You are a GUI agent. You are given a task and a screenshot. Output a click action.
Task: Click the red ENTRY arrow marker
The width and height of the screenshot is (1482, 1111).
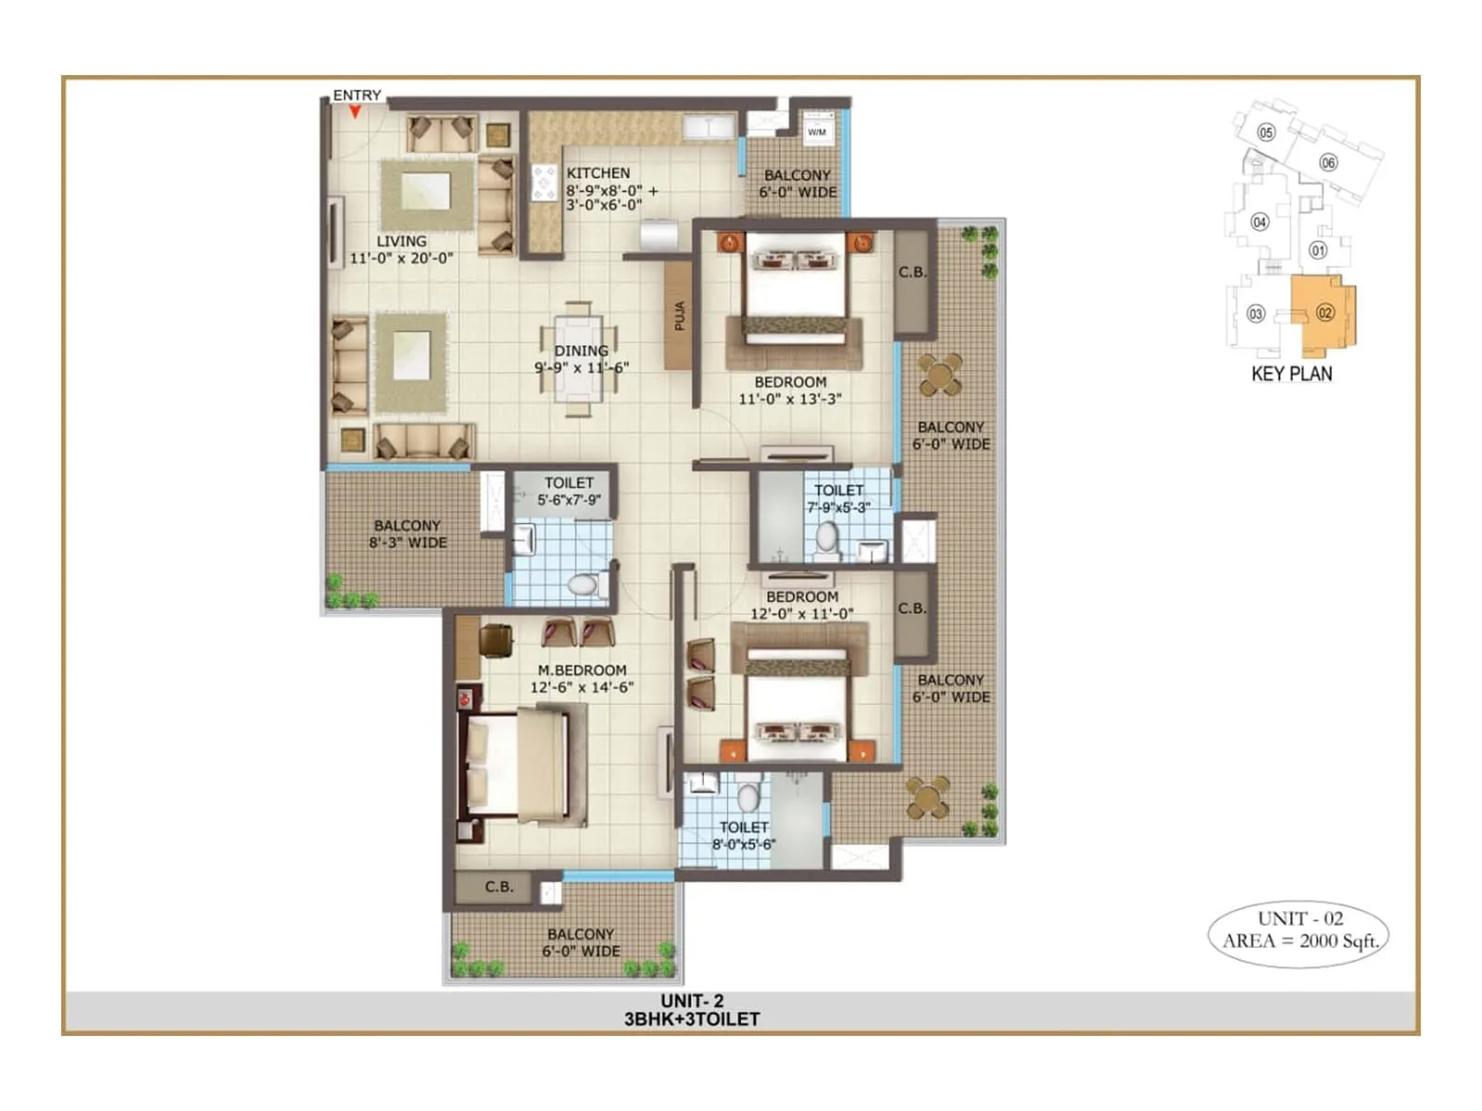pyautogui.click(x=355, y=112)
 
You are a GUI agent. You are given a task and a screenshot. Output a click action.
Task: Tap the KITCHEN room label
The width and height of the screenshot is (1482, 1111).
pyautogui.click(x=597, y=173)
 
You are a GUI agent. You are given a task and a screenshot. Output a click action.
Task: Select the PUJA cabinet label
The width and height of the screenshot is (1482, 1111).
pyautogui.click(x=680, y=316)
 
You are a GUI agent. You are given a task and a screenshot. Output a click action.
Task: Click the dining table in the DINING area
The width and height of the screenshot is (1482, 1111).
pyautogui.click(x=580, y=360)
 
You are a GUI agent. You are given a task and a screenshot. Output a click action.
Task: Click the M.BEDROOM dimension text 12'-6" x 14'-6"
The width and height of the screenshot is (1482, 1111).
pyautogui.click(x=582, y=687)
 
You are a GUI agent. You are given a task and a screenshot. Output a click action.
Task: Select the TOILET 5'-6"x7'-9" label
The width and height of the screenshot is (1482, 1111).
pyautogui.click(x=569, y=492)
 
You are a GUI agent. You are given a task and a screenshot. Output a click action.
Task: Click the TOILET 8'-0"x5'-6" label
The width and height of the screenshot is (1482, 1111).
pyautogui.click(x=744, y=836)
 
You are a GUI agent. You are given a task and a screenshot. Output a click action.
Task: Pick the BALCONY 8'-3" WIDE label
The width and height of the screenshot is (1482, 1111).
pyautogui.click(x=408, y=534)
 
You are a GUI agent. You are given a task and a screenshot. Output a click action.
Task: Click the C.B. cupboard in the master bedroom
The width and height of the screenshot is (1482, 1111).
pyautogui.click(x=498, y=887)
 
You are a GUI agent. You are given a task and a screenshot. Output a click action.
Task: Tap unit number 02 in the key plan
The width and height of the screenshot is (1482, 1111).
pyautogui.click(x=1325, y=313)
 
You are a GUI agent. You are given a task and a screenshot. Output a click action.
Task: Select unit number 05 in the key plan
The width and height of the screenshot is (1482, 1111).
pyautogui.click(x=1266, y=132)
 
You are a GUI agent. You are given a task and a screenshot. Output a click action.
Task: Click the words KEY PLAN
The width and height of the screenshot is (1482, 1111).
pyautogui.click(x=1291, y=374)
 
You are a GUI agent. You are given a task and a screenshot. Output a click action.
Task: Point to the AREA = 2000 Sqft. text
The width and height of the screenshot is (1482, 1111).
pyautogui.click(x=1300, y=942)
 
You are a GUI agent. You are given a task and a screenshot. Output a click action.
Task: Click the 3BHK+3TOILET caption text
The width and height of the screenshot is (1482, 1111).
pyautogui.click(x=691, y=1019)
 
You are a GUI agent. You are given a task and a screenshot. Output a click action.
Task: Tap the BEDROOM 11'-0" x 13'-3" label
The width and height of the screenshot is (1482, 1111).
pyautogui.click(x=789, y=391)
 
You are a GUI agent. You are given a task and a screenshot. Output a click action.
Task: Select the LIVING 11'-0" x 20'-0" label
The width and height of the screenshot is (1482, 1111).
pyautogui.click(x=401, y=249)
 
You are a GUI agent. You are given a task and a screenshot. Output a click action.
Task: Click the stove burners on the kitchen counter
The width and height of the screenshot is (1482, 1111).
pyautogui.click(x=544, y=182)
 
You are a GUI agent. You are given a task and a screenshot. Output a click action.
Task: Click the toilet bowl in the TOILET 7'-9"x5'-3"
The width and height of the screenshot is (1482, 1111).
pyautogui.click(x=826, y=540)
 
